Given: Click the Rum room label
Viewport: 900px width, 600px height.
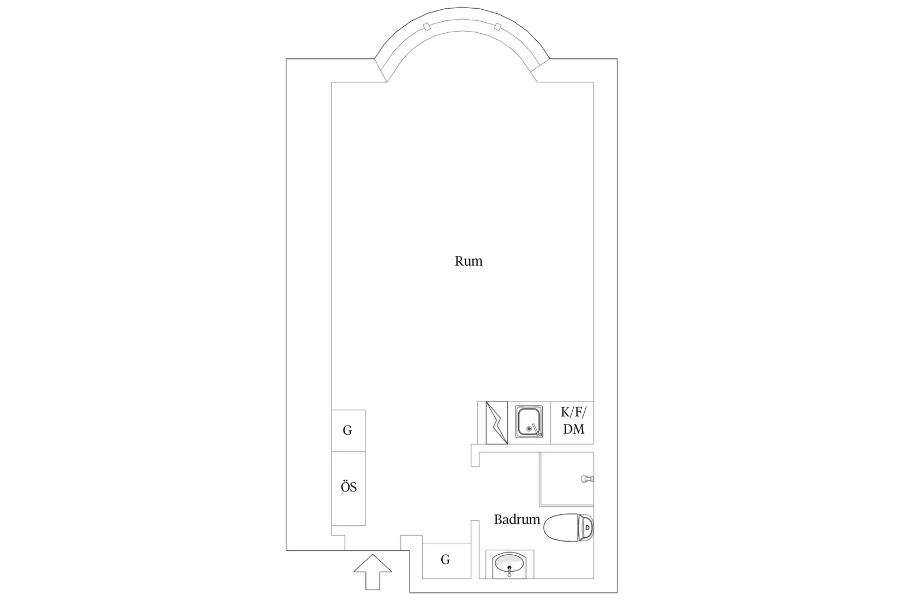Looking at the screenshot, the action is click(x=469, y=261).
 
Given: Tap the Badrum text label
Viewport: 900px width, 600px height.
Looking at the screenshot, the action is click(x=517, y=520).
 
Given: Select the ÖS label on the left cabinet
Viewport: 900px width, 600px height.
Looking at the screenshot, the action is click(x=349, y=487).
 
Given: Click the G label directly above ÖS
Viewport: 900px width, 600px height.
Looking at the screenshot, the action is click(x=347, y=430).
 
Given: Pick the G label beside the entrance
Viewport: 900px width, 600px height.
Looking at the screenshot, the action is click(x=445, y=560).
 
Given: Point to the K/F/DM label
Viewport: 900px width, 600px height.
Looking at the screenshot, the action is click(x=574, y=421).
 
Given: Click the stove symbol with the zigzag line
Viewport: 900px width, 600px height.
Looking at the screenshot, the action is click(x=496, y=422).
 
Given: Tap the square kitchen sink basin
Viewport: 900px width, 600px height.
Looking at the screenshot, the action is click(x=529, y=421).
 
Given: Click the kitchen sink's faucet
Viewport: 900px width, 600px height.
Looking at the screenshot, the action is click(x=537, y=430).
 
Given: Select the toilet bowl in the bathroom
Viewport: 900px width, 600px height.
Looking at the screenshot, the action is click(x=561, y=527).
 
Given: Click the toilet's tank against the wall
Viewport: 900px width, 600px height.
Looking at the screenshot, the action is click(x=586, y=527).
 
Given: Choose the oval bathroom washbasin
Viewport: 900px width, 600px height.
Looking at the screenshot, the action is click(x=509, y=562).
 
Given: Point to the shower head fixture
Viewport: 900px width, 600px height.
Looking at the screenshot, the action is click(x=587, y=478).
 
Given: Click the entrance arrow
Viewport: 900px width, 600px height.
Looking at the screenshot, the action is click(x=373, y=572).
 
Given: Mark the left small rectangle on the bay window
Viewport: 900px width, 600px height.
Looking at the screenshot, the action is click(x=427, y=27).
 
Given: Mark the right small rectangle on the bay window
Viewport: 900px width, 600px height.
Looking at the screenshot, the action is click(x=497, y=27).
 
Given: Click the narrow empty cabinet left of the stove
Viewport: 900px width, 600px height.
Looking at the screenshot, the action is click(x=482, y=422).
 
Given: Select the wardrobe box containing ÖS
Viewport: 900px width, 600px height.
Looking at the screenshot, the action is click(x=349, y=488).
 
